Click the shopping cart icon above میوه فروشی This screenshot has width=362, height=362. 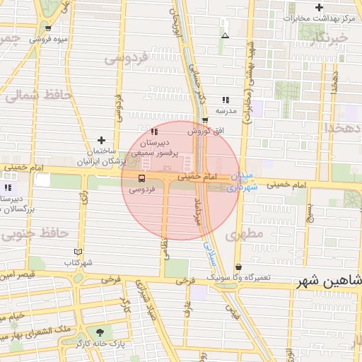pos(47,29)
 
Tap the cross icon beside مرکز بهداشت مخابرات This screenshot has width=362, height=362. pos(320,7)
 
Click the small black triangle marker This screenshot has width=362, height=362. pos(225,35)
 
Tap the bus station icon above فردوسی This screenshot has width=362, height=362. pos(141,178)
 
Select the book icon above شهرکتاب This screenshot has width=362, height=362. pos(78,252)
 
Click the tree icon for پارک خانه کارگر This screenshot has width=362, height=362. pos(99,332)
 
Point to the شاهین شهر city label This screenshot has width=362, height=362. pos(331,281)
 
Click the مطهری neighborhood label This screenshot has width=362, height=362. pos(247,233)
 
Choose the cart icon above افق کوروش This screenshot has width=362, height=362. pos(205,120)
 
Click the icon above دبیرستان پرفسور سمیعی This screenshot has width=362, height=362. pos(154,132)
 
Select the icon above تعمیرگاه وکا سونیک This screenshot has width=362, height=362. pos(238,267)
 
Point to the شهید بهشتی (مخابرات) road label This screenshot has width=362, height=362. pos(248,84)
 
